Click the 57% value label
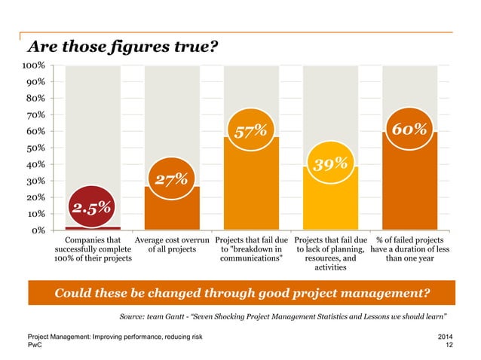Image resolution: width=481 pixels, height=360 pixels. point(250,132)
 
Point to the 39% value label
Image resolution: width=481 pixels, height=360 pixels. point(329,163)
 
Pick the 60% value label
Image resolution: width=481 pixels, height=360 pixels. point(409,130)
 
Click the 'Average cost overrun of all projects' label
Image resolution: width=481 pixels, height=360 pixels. point(176,246)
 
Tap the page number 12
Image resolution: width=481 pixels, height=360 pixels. point(449,345)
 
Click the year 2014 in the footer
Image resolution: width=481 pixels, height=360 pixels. point(446,336)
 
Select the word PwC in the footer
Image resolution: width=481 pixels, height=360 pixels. point(35,345)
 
